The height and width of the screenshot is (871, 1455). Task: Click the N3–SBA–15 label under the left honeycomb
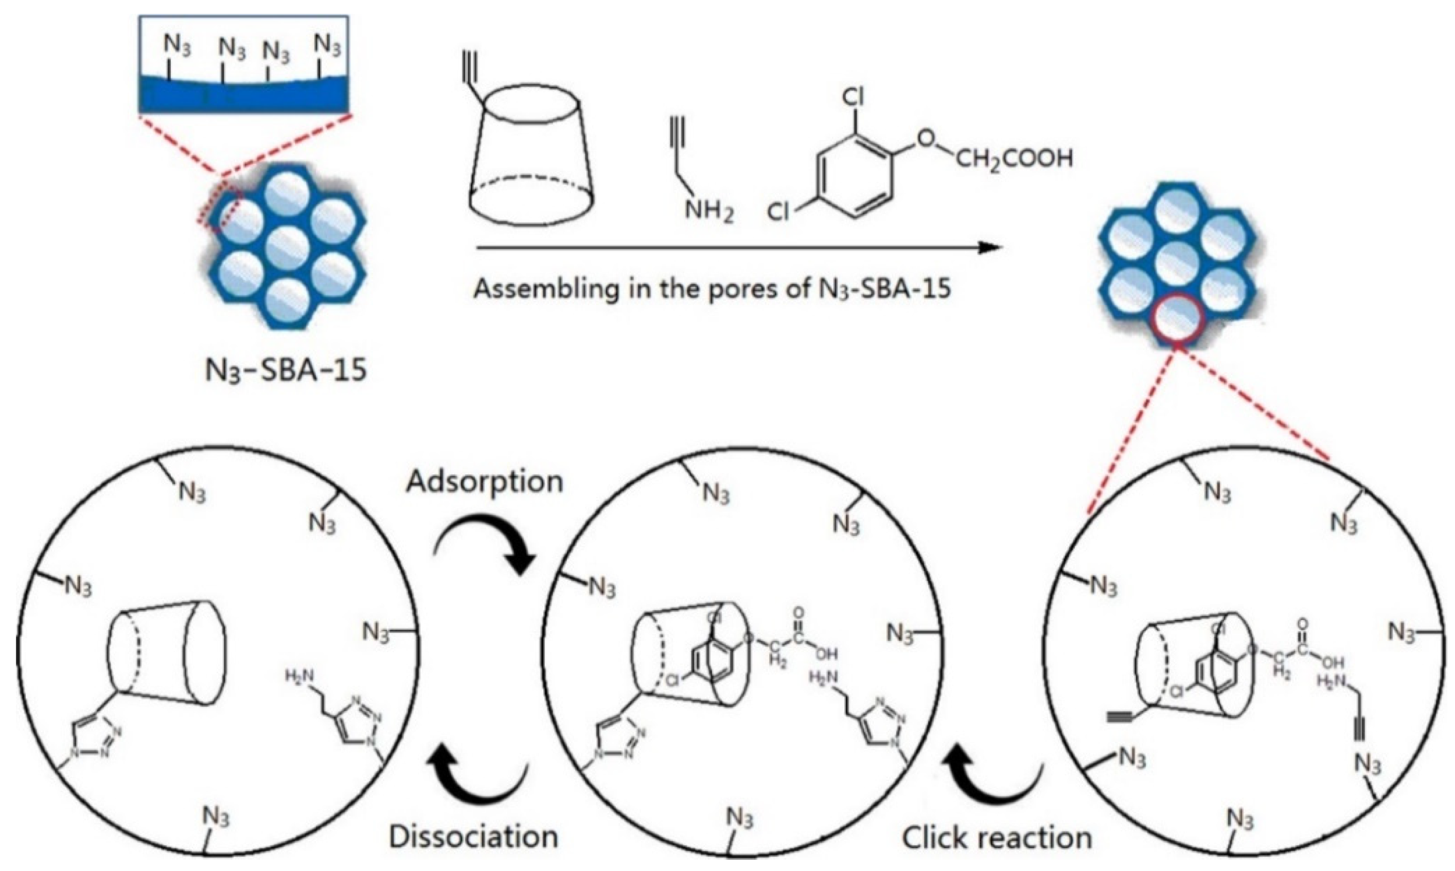point(286,371)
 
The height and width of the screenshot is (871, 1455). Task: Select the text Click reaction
point(997,838)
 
